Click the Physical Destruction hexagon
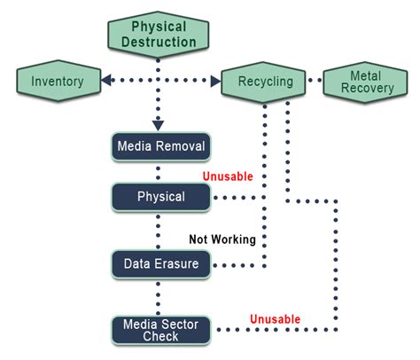[159, 33]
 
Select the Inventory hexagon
[57, 82]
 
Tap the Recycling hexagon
[265, 82]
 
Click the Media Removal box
[160, 145]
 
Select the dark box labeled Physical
[160, 196]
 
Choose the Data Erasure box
[160, 262]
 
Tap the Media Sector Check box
[160, 329]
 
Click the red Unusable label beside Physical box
[228, 176]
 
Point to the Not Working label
[222, 239]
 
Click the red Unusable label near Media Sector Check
[274, 319]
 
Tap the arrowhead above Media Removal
[159, 125]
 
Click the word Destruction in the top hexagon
[159, 42]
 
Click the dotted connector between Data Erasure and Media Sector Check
[159, 293]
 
